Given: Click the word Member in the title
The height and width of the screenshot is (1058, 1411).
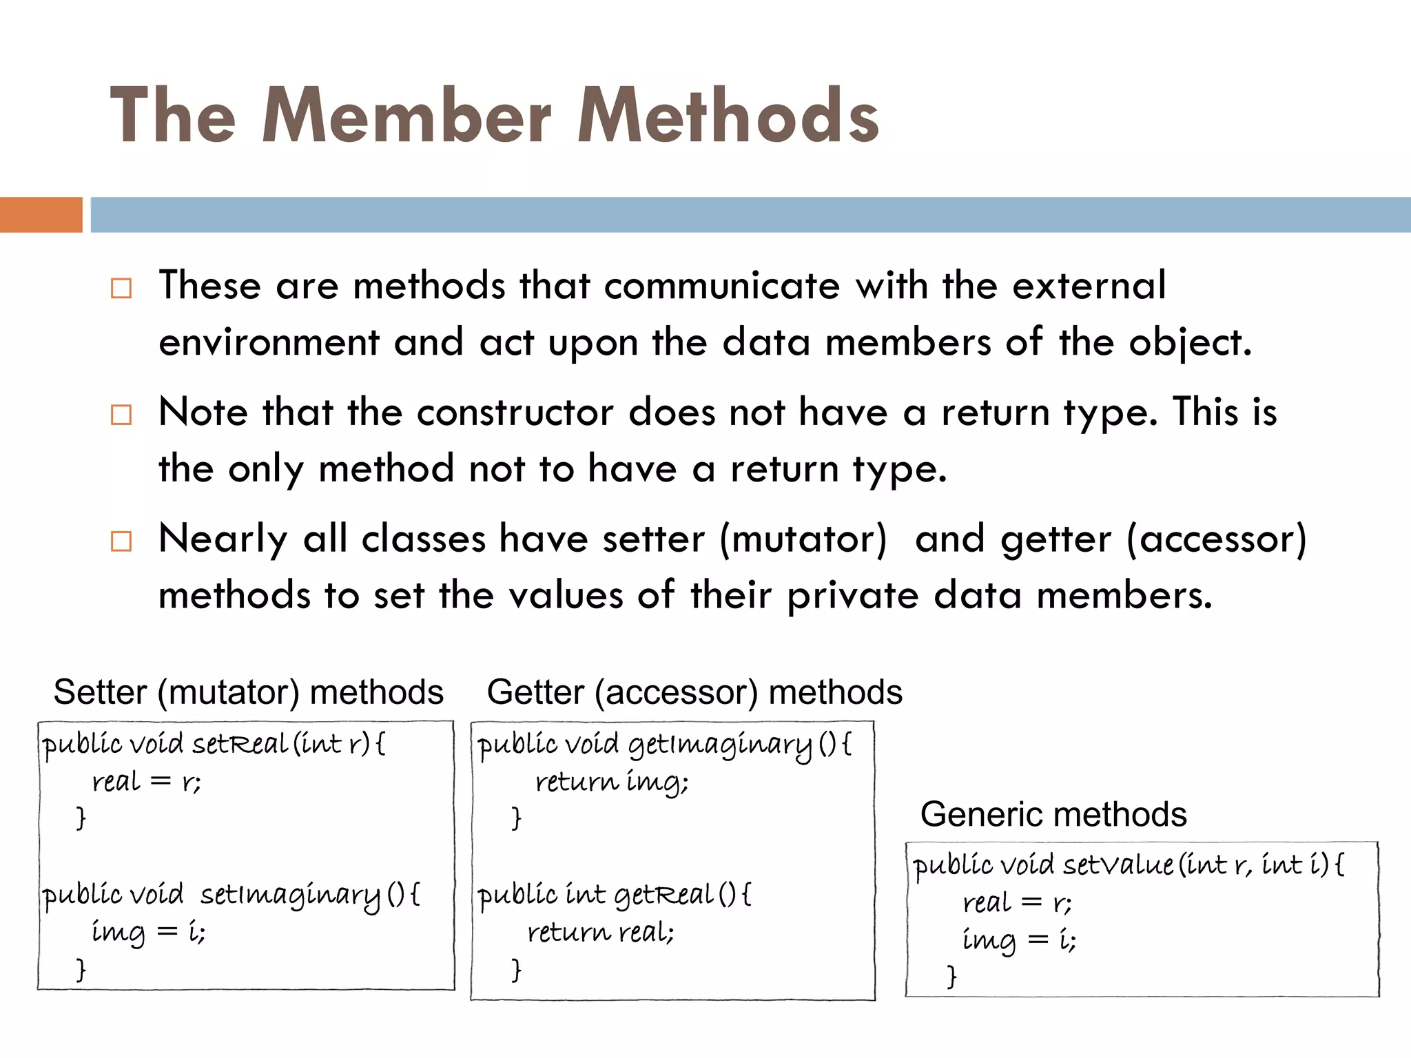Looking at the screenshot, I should coord(406,116).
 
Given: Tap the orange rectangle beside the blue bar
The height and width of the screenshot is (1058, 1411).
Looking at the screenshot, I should coord(41,214).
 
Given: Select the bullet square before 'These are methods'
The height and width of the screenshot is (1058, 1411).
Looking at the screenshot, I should coord(121,288).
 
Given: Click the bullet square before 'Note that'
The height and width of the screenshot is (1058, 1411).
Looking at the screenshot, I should coord(121,415).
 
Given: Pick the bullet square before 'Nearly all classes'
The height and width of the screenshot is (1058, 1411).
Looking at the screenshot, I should coord(121,541).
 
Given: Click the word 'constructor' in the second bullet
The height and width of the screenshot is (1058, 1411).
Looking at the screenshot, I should coord(515,413).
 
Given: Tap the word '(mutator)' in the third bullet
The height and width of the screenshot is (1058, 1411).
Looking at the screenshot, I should coord(803,539).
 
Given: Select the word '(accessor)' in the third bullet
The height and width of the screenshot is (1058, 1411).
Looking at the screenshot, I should coord(1217,539).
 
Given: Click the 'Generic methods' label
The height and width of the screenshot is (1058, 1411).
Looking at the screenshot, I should coord(1053,814).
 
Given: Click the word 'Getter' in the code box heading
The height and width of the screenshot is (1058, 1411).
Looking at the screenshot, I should coord(535,692).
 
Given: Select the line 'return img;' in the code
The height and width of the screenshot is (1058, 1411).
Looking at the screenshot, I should coord(612,782).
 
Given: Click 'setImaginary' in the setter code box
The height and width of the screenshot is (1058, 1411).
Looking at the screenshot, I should coord(290,895).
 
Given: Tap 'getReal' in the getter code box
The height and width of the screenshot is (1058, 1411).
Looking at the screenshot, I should coord(663,895).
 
